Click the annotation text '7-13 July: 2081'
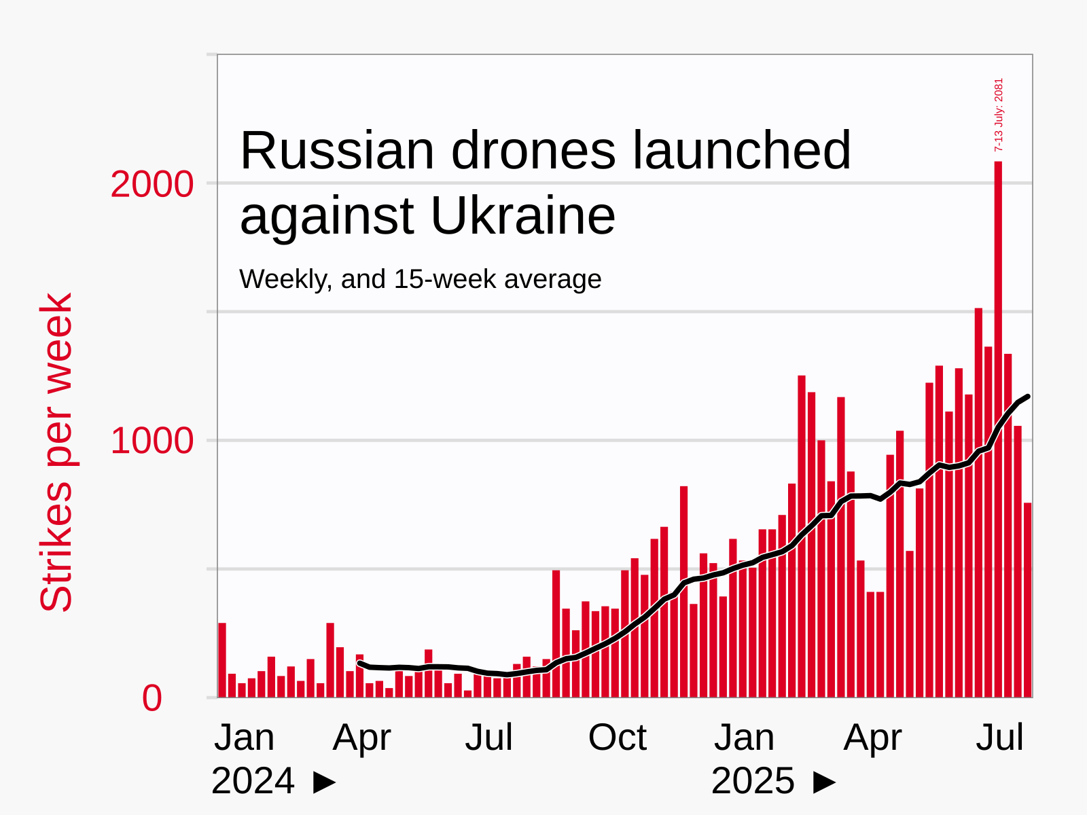998,115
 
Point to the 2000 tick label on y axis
152,185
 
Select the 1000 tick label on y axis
152,441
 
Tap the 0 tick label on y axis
152,699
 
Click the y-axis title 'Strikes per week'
56,452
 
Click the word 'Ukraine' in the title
522,216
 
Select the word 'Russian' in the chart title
337,151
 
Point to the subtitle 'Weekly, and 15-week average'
420,279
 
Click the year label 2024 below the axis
253,781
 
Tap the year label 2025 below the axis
753,781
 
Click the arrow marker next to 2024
325,782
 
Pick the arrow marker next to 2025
825,782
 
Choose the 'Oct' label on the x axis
617,738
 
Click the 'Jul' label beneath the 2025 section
999,738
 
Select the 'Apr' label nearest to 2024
361,738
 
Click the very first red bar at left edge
222,659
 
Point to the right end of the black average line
1027,397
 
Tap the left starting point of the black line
360,664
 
